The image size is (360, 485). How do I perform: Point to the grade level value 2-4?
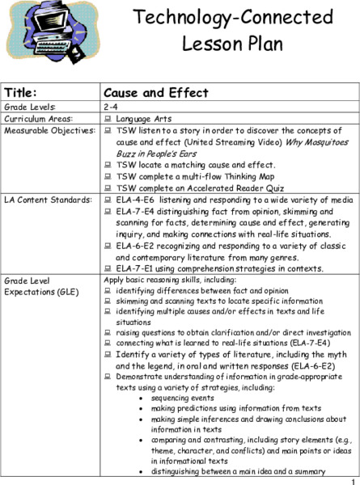click(x=112, y=106)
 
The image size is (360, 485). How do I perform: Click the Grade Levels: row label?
click(x=30, y=106)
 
